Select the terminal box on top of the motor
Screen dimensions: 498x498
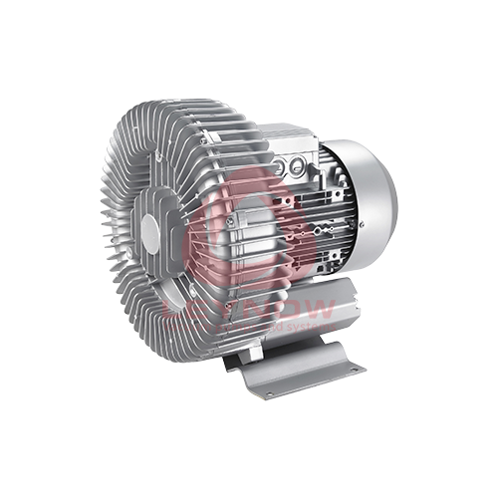coord(289,144)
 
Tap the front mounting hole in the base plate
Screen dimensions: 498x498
coord(268,392)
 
